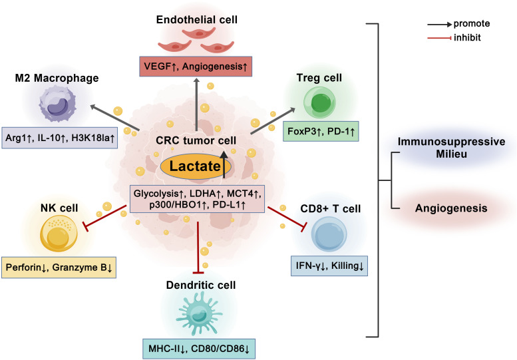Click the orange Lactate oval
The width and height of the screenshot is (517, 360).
point(196,166)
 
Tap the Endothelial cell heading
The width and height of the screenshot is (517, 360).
point(197,20)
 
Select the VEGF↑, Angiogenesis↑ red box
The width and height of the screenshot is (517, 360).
point(196,67)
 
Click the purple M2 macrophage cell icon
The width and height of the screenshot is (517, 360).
point(57,104)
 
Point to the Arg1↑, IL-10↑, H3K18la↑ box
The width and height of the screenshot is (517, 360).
point(60,138)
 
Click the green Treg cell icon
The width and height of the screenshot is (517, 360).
point(319,102)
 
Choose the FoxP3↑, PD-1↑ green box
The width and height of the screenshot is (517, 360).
point(321,132)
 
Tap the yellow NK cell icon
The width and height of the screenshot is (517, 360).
point(59,234)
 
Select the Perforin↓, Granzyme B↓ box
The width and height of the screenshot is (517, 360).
point(59,268)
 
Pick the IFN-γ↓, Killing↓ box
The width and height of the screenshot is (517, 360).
point(329,266)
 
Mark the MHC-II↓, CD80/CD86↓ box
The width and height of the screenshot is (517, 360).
point(199,349)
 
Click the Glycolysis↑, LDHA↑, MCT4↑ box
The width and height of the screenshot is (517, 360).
point(197,199)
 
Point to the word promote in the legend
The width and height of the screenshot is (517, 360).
point(472,24)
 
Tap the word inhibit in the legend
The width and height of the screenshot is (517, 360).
point(467,37)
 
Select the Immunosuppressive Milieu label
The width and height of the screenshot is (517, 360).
point(451,148)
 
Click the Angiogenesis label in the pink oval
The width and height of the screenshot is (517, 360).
point(451,208)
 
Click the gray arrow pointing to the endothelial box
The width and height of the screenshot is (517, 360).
point(196,104)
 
